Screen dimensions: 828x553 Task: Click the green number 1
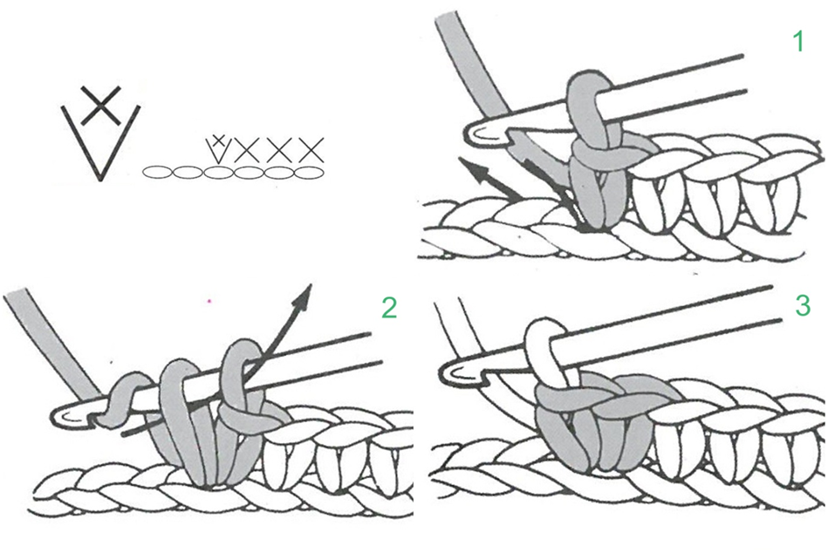click(x=799, y=41)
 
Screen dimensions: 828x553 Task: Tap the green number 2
click(x=389, y=307)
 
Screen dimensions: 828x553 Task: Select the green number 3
click(x=803, y=305)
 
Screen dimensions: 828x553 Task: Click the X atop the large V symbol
click(x=101, y=106)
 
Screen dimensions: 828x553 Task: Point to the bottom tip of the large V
click(x=100, y=180)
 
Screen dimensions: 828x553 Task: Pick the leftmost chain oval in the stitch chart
click(x=157, y=172)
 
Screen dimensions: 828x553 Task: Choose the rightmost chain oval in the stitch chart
click(x=309, y=172)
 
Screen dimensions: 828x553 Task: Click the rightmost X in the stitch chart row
click(x=311, y=150)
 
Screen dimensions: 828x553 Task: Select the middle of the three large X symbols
click(x=279, y=150)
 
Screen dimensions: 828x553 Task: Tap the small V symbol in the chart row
click(x=217, y=150)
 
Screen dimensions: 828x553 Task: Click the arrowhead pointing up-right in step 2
click(x=305, y=295)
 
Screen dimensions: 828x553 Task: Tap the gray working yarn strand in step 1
click(x=471, y=66)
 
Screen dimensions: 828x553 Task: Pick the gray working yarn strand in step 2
click(x=53, y=343)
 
